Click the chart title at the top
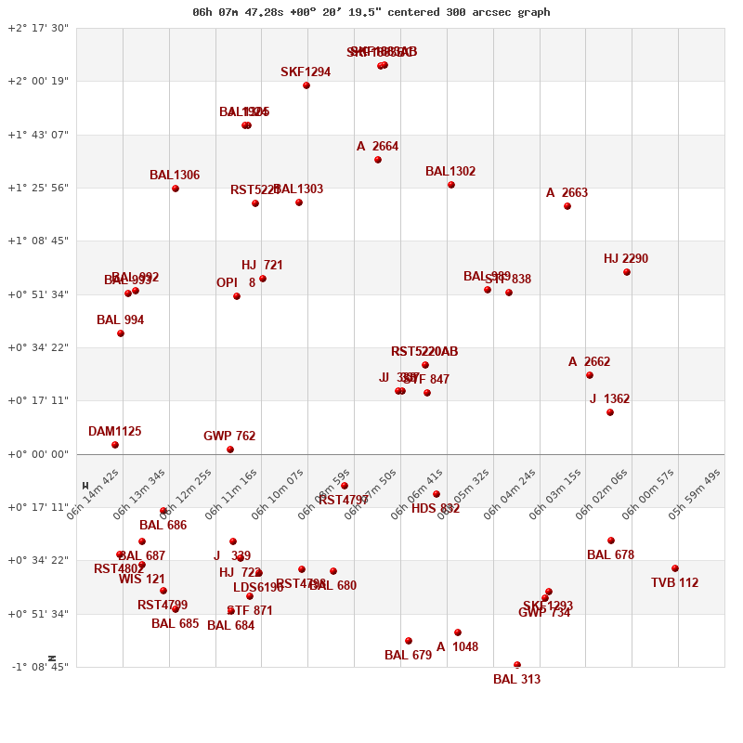click(x=371, y=12)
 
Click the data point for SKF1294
click(x=306, y=85)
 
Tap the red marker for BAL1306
click(x=176, y=189)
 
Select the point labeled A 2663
click(x=567, y=206)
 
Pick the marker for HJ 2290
click(x=627, y=272)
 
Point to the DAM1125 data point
click(x=115, y=445)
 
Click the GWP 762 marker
click(x=230, y=450)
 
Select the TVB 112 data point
click(x=675, y=568)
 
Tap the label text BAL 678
click(x=610, y=555)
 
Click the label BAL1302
click(x=450, y=172)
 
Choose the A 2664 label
click(x=377, y=147)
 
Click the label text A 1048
click(x=457, y=647)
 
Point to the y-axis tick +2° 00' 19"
click(x=38, y=81)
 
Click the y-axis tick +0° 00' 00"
click(x=38, y=454)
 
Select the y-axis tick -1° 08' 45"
click(x=38, y=667)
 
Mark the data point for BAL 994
click(x=121, y=333)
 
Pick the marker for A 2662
click(x=590, y=375)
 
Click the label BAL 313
click(x=516, y=680)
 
